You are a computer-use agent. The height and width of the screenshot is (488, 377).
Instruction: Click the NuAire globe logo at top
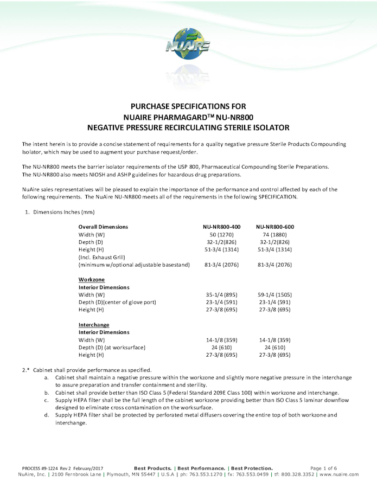(x=188, y=43)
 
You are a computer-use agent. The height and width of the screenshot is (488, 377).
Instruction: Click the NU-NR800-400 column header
(x=221, y=227)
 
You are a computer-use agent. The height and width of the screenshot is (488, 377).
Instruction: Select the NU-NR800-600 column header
(x=275, y=227)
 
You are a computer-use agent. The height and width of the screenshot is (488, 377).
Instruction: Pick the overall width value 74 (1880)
(x=275, y=234)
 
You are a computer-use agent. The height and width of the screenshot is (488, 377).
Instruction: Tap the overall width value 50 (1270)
(x=221, y=234)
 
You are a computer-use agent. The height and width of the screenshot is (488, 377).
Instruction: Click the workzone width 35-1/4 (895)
(x=221, y=294)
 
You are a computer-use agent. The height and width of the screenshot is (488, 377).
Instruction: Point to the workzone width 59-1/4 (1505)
(x=275, y=294)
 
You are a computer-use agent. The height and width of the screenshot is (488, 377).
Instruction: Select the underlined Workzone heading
(x=92, y=279)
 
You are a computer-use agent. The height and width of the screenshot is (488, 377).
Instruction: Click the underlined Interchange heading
(x=94, y=325)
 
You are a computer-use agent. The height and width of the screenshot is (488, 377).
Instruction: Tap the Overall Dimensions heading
(x=104, y=227)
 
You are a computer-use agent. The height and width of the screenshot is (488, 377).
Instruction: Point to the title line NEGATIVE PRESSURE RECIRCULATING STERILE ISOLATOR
(x=188, y=128)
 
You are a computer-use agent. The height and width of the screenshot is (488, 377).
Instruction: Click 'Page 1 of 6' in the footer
(x=323, y=468)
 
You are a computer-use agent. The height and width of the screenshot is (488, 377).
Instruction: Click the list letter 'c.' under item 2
(x=47, y=400)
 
